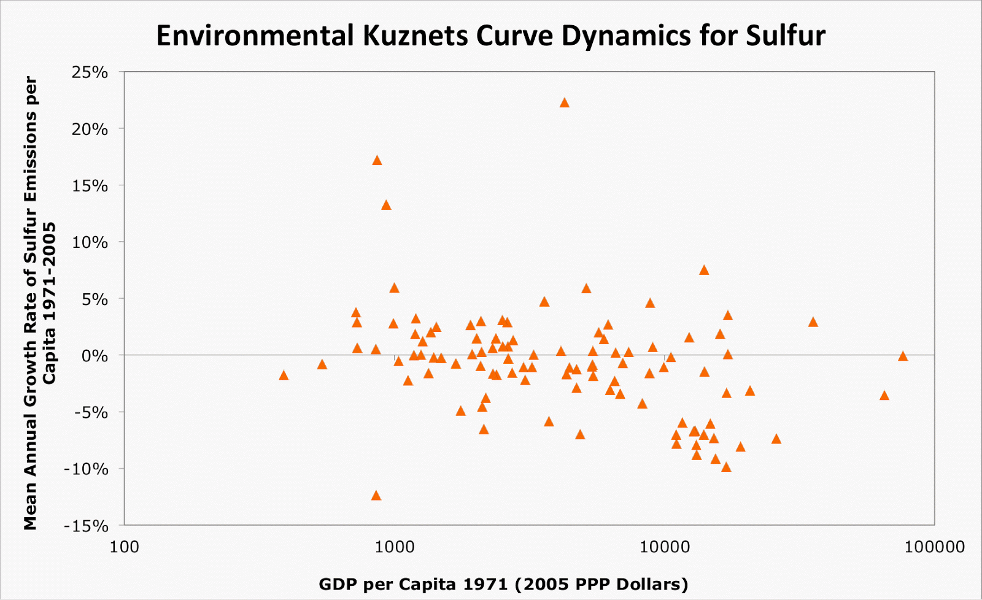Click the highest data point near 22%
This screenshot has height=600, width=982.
coord(565,103)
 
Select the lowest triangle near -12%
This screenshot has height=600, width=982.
coord(376,496)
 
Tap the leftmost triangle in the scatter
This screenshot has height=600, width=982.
coord(284,375)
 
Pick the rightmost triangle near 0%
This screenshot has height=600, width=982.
coord(903,356)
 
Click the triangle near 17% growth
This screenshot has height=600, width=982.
coord(377,161)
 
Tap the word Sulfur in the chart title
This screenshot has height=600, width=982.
coord(786,36)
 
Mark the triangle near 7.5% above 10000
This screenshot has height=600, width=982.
coord(704,271)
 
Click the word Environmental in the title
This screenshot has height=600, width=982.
coord(255,36)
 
